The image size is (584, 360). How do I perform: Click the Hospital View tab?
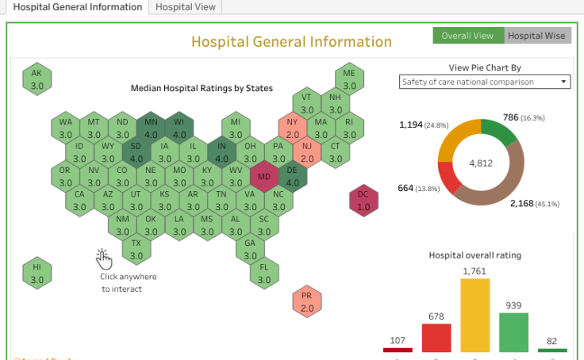coord(184,6)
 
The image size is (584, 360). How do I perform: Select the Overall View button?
coord(467,36)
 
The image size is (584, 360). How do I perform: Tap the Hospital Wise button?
coord(537,36)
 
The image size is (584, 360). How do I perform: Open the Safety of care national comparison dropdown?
coord(485,82)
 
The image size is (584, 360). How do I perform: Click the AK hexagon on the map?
coord(36,78)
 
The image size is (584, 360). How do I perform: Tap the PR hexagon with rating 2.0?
coord(307,301)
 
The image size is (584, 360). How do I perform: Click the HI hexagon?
coord(36,274)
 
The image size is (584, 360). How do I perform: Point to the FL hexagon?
coord(264,274)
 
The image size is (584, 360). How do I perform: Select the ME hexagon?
coord(349,79)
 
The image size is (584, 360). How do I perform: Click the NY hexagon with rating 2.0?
coord(293,128)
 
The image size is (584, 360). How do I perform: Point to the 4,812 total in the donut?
coord(481,163)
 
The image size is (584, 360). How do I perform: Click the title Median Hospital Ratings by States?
coord(202,87)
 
